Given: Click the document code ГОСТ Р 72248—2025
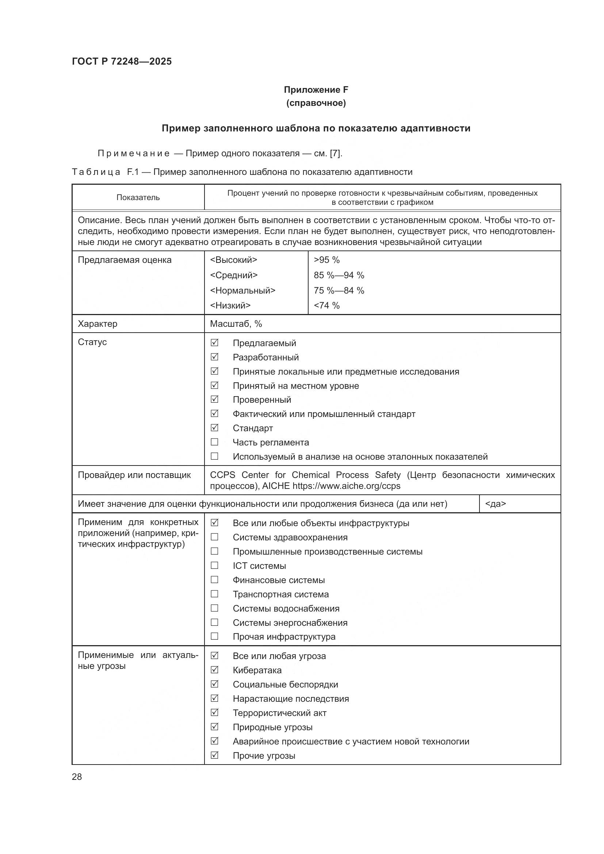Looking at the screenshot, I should click(122, 61).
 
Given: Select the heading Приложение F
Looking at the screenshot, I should click(316, 90).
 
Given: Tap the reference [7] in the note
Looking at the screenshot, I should click(335, 153).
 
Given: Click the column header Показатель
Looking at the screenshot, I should click(138, 198).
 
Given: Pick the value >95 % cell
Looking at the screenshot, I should click(326, 260).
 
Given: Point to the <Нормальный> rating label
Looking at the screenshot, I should click(242, 291).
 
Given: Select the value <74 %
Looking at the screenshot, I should click(326, 306).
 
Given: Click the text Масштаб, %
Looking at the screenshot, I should click(236, 324).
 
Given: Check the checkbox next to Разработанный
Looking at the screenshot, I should click(214, 357).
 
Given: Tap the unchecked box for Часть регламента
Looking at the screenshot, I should click(214, 442).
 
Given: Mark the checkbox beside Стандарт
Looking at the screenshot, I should click(214, 428).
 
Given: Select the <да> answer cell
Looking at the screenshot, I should click(496, 504).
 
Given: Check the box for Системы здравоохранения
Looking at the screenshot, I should click(214, 537).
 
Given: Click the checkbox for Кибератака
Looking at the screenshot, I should click(214, 670).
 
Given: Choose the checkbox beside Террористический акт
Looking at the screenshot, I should click(214, 713).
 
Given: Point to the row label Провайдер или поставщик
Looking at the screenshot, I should click(134, 475).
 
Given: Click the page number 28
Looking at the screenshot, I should click(77, 777).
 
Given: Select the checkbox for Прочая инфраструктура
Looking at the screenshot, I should click(214, 636).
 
